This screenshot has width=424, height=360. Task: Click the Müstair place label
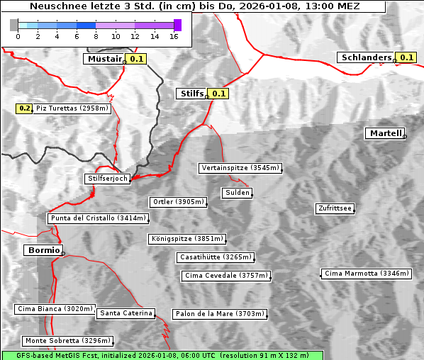coord(104,59)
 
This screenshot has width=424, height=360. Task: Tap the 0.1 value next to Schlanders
coord(406,57)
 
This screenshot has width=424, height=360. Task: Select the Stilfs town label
coord(191,93)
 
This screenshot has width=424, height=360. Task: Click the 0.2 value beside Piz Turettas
coord(25,108)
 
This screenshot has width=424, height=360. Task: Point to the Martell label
coord(385,133)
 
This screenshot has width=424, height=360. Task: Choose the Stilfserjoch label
coord(107,179)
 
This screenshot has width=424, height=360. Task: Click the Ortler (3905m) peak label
coord(178,202)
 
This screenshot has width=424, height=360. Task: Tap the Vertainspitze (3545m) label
coord(240,168)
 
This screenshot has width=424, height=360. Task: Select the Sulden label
coord(236,193)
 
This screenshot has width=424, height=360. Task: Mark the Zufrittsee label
coord(335,208)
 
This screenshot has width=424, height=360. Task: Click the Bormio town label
coord(42,250)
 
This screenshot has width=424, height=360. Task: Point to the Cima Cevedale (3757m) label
coord(225,275)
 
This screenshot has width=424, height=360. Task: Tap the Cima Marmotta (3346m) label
coord(366,273)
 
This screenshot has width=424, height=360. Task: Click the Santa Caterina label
coord(125,313)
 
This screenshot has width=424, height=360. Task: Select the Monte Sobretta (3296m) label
coord(67,341)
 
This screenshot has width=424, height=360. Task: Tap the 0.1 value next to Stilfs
coord(218,93)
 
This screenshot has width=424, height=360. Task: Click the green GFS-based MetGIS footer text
coord(162,355)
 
